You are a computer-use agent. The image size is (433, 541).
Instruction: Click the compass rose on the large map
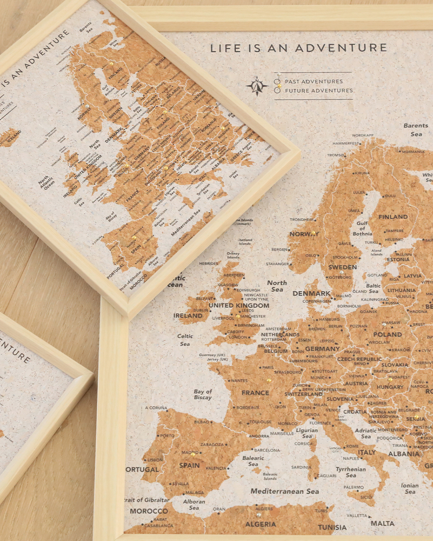coord(257,85)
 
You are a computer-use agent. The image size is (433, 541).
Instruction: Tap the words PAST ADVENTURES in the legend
coord(314,81)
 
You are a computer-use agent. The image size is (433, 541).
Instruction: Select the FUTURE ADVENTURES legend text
coord(319,91)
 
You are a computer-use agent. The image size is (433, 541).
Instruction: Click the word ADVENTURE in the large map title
coord(341,48)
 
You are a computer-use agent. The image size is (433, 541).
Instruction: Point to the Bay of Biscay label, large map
coord(203,394)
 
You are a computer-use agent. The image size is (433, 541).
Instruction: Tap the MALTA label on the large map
coord(382,523)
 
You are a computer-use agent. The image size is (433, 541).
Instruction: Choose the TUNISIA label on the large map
coord(332,527)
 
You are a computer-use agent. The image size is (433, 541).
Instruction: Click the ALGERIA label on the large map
coord(261,524)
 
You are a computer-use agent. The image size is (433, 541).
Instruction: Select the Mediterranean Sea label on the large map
coord(285,491)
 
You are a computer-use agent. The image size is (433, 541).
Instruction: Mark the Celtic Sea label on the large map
coord(185,340)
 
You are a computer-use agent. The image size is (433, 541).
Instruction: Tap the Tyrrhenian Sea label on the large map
coord(351,472)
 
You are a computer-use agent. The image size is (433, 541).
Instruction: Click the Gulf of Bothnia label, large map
coord(362,228)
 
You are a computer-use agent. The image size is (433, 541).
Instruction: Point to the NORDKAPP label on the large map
coord(363,135)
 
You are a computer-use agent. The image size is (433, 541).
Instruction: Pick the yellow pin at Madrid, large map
coord(193,454)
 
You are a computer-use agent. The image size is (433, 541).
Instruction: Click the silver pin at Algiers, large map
coord(259,515)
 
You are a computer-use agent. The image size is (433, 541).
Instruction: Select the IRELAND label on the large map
coord(188,316)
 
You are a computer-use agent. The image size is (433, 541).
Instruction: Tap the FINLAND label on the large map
coord(393,217)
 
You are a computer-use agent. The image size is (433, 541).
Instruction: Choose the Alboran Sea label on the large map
coord(194,505)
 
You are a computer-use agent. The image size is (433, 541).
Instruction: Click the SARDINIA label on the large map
coord(301,467)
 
